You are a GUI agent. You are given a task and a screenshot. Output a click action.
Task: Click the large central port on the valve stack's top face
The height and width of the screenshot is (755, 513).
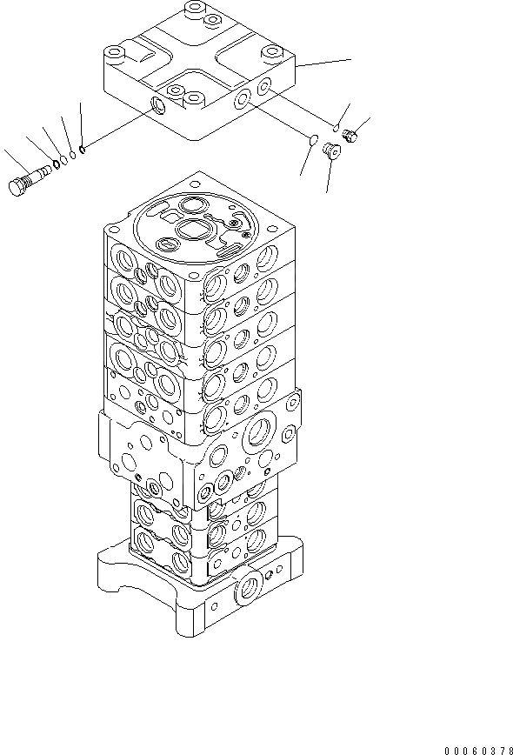(191, 231)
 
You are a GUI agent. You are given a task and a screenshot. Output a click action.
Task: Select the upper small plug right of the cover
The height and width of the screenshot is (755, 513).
(352, 134)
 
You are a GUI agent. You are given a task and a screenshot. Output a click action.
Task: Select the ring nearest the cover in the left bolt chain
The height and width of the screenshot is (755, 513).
(81, 149)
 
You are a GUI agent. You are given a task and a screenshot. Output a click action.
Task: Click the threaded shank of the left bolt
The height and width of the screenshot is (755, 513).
(39, 177)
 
